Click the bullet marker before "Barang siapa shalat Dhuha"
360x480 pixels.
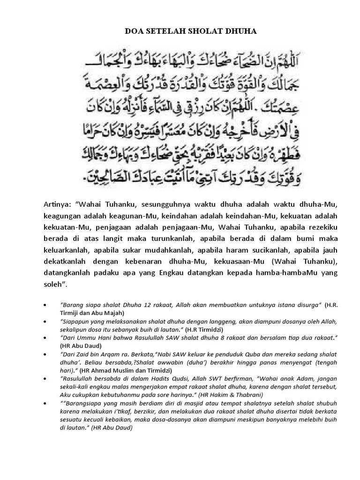45,305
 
